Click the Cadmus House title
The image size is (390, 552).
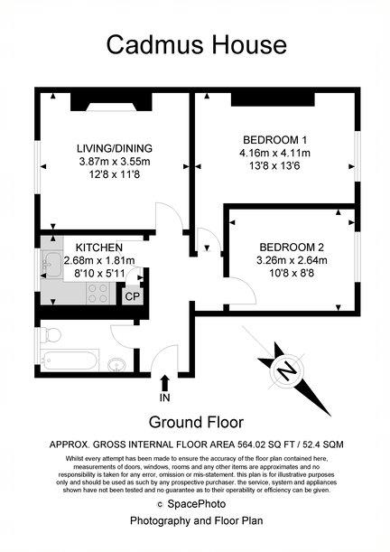coord(196,45)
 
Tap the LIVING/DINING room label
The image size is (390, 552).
coord(115,148)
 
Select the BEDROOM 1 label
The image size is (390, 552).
coord(274,140)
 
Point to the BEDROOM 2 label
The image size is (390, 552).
coord(292,248)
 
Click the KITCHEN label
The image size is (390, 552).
coord(99,248)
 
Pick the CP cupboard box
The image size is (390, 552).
coord(133,296)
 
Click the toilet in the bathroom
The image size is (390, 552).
coord(51,335)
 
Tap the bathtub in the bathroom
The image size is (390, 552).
coord(69,360)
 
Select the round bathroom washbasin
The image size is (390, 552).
coord(116,365)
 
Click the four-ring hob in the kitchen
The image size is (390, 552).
coord(97,294)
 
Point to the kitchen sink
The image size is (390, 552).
coord(52,264)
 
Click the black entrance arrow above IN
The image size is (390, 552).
coord(165,383)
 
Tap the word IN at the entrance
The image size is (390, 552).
coord(164,398)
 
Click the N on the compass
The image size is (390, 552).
coord(287,371)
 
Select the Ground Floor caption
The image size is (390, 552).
coord(196,422)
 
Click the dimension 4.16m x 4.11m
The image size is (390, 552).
coord(274,154)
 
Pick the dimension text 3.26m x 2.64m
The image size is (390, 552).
coord(292,260)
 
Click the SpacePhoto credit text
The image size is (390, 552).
coord(196,504)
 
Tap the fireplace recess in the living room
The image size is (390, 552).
coord(111,102)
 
